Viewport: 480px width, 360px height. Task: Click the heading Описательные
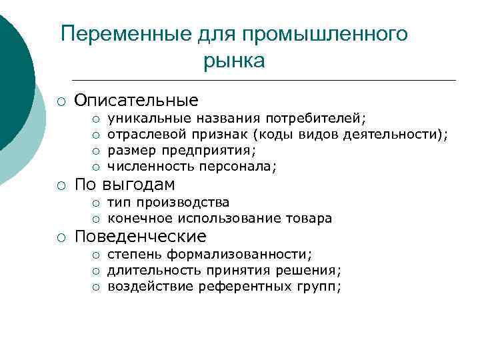[x=136, y=100]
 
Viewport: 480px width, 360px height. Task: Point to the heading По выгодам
[x=125, y=184]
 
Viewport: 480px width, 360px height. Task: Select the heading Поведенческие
[x=140, y=236]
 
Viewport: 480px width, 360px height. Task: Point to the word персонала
[x=241, y=166]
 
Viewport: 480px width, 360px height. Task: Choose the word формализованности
[x=238, y=254]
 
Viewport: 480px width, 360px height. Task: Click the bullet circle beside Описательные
[x=61, y=101]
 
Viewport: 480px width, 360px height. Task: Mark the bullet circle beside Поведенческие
[x=61, y=237]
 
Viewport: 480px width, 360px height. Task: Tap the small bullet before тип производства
[x=96, y=203]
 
